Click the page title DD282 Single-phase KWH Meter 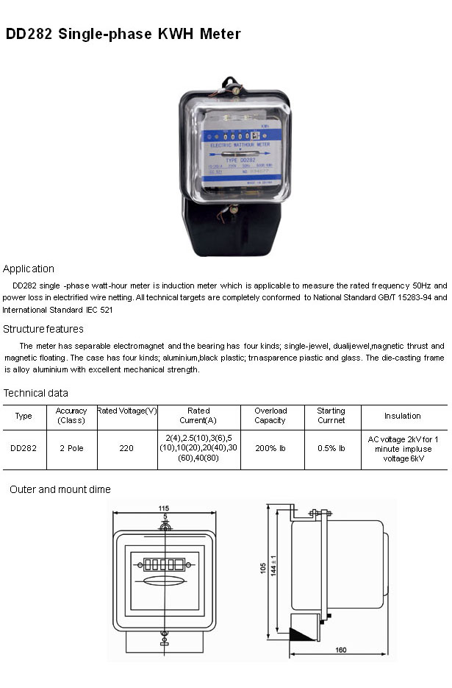pos(123,34)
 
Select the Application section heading pos(29,269)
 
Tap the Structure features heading pos(43,329)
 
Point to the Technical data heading pos(36,393)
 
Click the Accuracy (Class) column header pos(71,416)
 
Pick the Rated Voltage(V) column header pos(127,411)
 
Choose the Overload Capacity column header pos(270,416)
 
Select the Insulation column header pos(403,416)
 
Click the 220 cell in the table pos(127,448)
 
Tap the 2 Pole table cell pos(71,448)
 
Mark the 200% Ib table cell pos(270,448)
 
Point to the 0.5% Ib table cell pos(331,448)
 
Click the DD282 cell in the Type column pos(24,448)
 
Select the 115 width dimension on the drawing pos(163,508)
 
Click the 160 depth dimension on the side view pos(341,650)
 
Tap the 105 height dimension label pos(263,568)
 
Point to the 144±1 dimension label pos(275,568)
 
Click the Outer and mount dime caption pos(60,489)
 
